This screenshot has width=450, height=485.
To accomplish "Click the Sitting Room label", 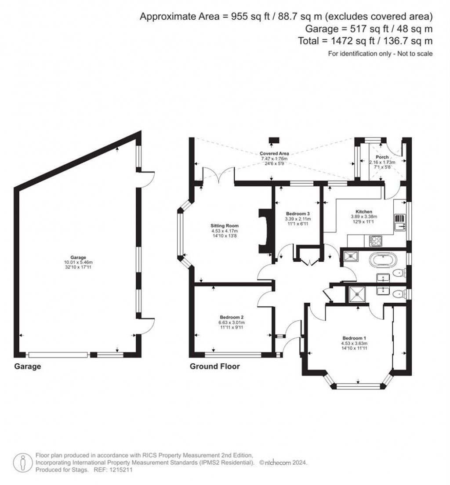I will coord(224,226).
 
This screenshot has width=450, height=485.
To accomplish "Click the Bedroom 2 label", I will coord(232,317).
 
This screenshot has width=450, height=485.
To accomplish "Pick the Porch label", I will coord(382,157).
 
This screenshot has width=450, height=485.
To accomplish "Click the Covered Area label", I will coord(274,153).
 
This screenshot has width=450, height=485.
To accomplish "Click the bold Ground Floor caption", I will coord(214,366).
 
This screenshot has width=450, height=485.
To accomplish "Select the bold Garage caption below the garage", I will coord(27,366).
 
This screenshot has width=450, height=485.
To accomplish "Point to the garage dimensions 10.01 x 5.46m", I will coord(73,262).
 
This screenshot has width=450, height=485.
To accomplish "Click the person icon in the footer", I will coord(22,462).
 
